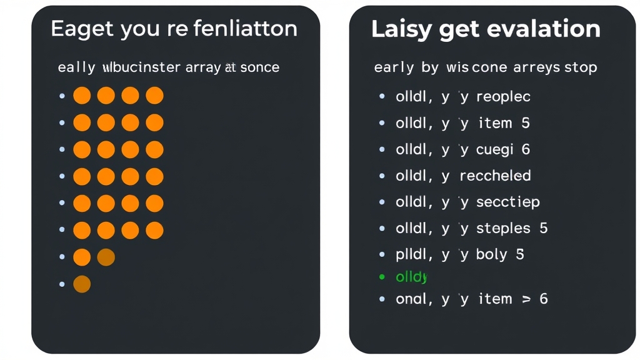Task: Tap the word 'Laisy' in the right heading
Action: [397, 29]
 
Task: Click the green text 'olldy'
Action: [411, 277]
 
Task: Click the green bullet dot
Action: [382, 276]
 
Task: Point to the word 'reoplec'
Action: [503, 97]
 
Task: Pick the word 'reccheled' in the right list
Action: [495, 176]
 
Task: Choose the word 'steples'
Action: [503, 228]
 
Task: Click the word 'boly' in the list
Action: [491, 254]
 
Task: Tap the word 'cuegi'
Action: [494, 149]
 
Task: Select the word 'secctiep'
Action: [507, 202]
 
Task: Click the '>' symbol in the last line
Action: [526, 299]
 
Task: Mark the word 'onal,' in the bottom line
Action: [414, 299]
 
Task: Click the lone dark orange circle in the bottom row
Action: [82, 284]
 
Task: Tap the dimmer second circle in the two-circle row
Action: [106, 257]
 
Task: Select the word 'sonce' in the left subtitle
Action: [259, 67]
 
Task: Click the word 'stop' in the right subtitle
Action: [581, 67]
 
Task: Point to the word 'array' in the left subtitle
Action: [202, 67]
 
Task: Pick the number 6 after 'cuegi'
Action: [526, 149]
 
